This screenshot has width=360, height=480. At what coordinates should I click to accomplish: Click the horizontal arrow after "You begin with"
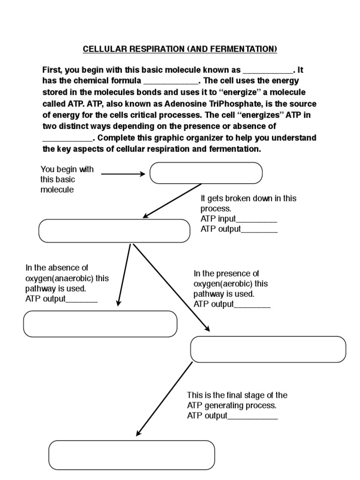(x=123, y=174)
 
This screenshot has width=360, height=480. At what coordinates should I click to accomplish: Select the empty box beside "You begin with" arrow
(x=206, y=173)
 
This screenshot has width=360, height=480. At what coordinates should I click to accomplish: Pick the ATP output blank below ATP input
(x=259, y=230)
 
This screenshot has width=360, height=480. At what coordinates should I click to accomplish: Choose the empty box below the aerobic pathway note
(x=268, y=349)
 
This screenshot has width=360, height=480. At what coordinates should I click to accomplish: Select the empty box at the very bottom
(x=132, y=455)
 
